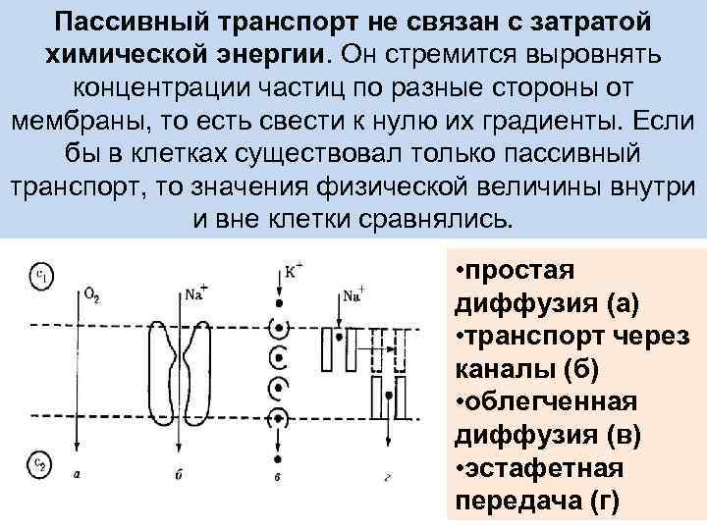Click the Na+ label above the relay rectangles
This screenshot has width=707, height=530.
pyautogui.click(x=354, y=292)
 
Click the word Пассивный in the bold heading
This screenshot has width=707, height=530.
pyautogui.click(x=130, y=22)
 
